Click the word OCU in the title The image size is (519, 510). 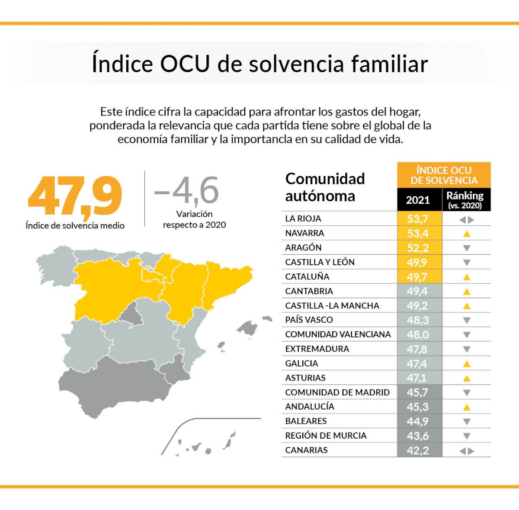(x=185, y=64)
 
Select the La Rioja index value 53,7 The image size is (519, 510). (x=418, y=219)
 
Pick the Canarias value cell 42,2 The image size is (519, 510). (x=418, y=450)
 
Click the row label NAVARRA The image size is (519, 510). (x=304, y=233)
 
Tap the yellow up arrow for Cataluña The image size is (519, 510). (x=466, y=277)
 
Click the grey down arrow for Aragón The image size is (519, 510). (x=466, y=248)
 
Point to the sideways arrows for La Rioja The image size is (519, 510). (x=466, y=220)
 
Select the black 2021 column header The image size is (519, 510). (x=418, y=200)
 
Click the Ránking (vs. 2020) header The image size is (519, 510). (x=465, y=200)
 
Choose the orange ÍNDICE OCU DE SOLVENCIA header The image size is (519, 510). (x=444, y=175)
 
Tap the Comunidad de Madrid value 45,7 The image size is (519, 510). (x=418, y=392)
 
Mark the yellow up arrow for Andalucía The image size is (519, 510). (x=466, y=407)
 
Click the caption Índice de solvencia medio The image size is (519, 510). (x=75, y=225)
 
